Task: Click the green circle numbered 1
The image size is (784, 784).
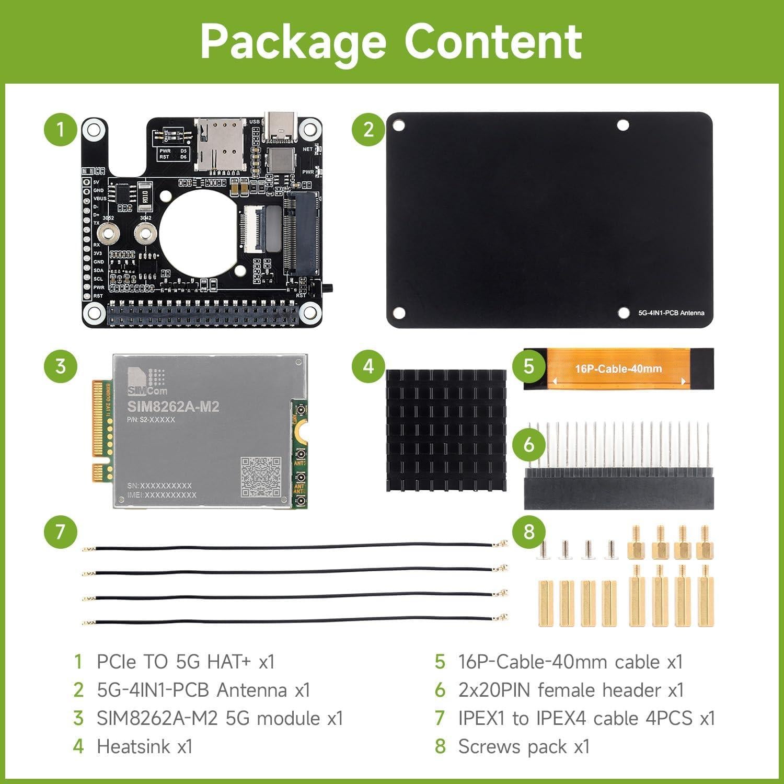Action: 61,129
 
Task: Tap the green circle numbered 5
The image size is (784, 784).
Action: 528,366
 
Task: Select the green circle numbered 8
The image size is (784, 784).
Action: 528,532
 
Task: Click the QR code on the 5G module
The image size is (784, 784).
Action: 261,477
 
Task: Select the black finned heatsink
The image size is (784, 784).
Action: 446,430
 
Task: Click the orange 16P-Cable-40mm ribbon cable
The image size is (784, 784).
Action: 618,369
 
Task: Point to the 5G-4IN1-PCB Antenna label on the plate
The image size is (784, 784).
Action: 671,313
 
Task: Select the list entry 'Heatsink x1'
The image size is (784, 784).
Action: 145,746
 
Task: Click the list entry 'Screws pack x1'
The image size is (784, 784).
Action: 524,746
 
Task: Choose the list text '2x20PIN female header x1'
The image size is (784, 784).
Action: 571,690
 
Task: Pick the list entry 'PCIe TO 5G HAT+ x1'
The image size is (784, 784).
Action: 186,662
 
